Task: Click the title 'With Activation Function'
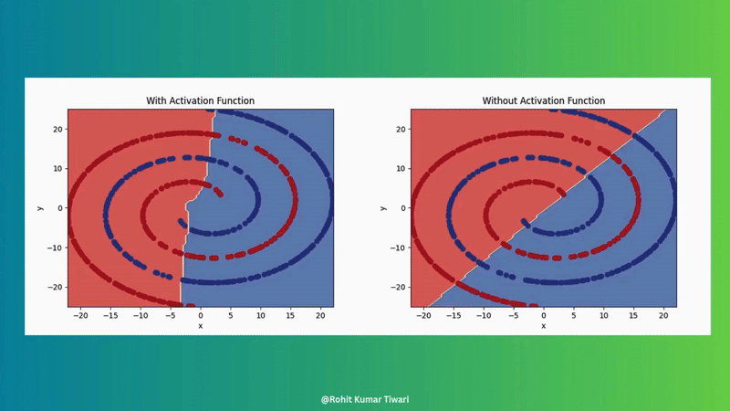pos(200,100)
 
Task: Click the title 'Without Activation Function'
pos(543,100)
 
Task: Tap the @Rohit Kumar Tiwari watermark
pos(365,399)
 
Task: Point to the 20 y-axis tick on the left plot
pos(57,129)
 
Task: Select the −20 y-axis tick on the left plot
pos(55,287)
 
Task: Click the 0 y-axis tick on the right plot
pos(403,208)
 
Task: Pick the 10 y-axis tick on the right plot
pos(401,169)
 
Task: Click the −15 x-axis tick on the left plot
pos(110,315)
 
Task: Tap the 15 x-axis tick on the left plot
pos(290,315)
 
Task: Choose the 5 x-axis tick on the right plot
pos(574,315)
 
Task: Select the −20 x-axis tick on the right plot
pos(423,315)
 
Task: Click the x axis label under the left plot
pos(200,326)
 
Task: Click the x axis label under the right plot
pos(543,326)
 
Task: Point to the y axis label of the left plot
pos(40,208)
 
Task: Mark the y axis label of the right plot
pos(383,208)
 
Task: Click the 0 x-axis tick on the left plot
pos(201,315)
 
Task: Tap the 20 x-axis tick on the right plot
pos(663,315)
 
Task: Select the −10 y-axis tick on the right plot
pos(398,248)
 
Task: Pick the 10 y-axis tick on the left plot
pos(57,169)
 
